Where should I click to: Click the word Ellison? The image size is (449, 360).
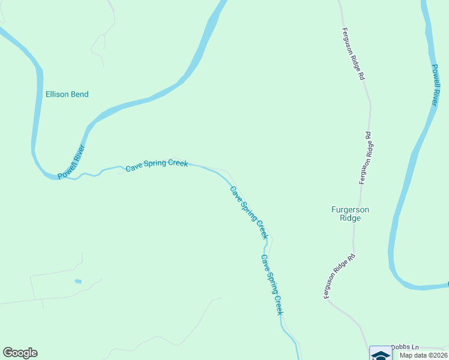coord(58,94)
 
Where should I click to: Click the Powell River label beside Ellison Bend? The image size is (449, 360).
coord(71,162)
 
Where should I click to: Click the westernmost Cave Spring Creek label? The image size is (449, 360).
coord(157,164)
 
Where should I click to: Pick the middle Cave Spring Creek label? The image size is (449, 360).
coord(249,212)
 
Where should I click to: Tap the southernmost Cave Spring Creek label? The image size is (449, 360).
coord(271,284)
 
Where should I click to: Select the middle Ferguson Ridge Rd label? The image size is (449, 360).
coord(366,158)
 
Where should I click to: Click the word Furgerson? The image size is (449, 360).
coord(351,209)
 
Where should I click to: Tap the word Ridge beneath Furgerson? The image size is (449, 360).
coord(351,218)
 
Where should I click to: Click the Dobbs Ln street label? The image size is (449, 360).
coord(403,347)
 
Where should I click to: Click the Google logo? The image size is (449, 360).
coord(20,353)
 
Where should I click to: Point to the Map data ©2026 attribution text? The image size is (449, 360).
coord(423,355)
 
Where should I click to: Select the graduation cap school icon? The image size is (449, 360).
coord(379,354)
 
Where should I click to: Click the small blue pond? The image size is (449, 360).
coord(78,281)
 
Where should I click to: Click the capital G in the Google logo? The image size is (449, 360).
coord(8,353)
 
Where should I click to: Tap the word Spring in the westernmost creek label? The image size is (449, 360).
coord(154,164)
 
